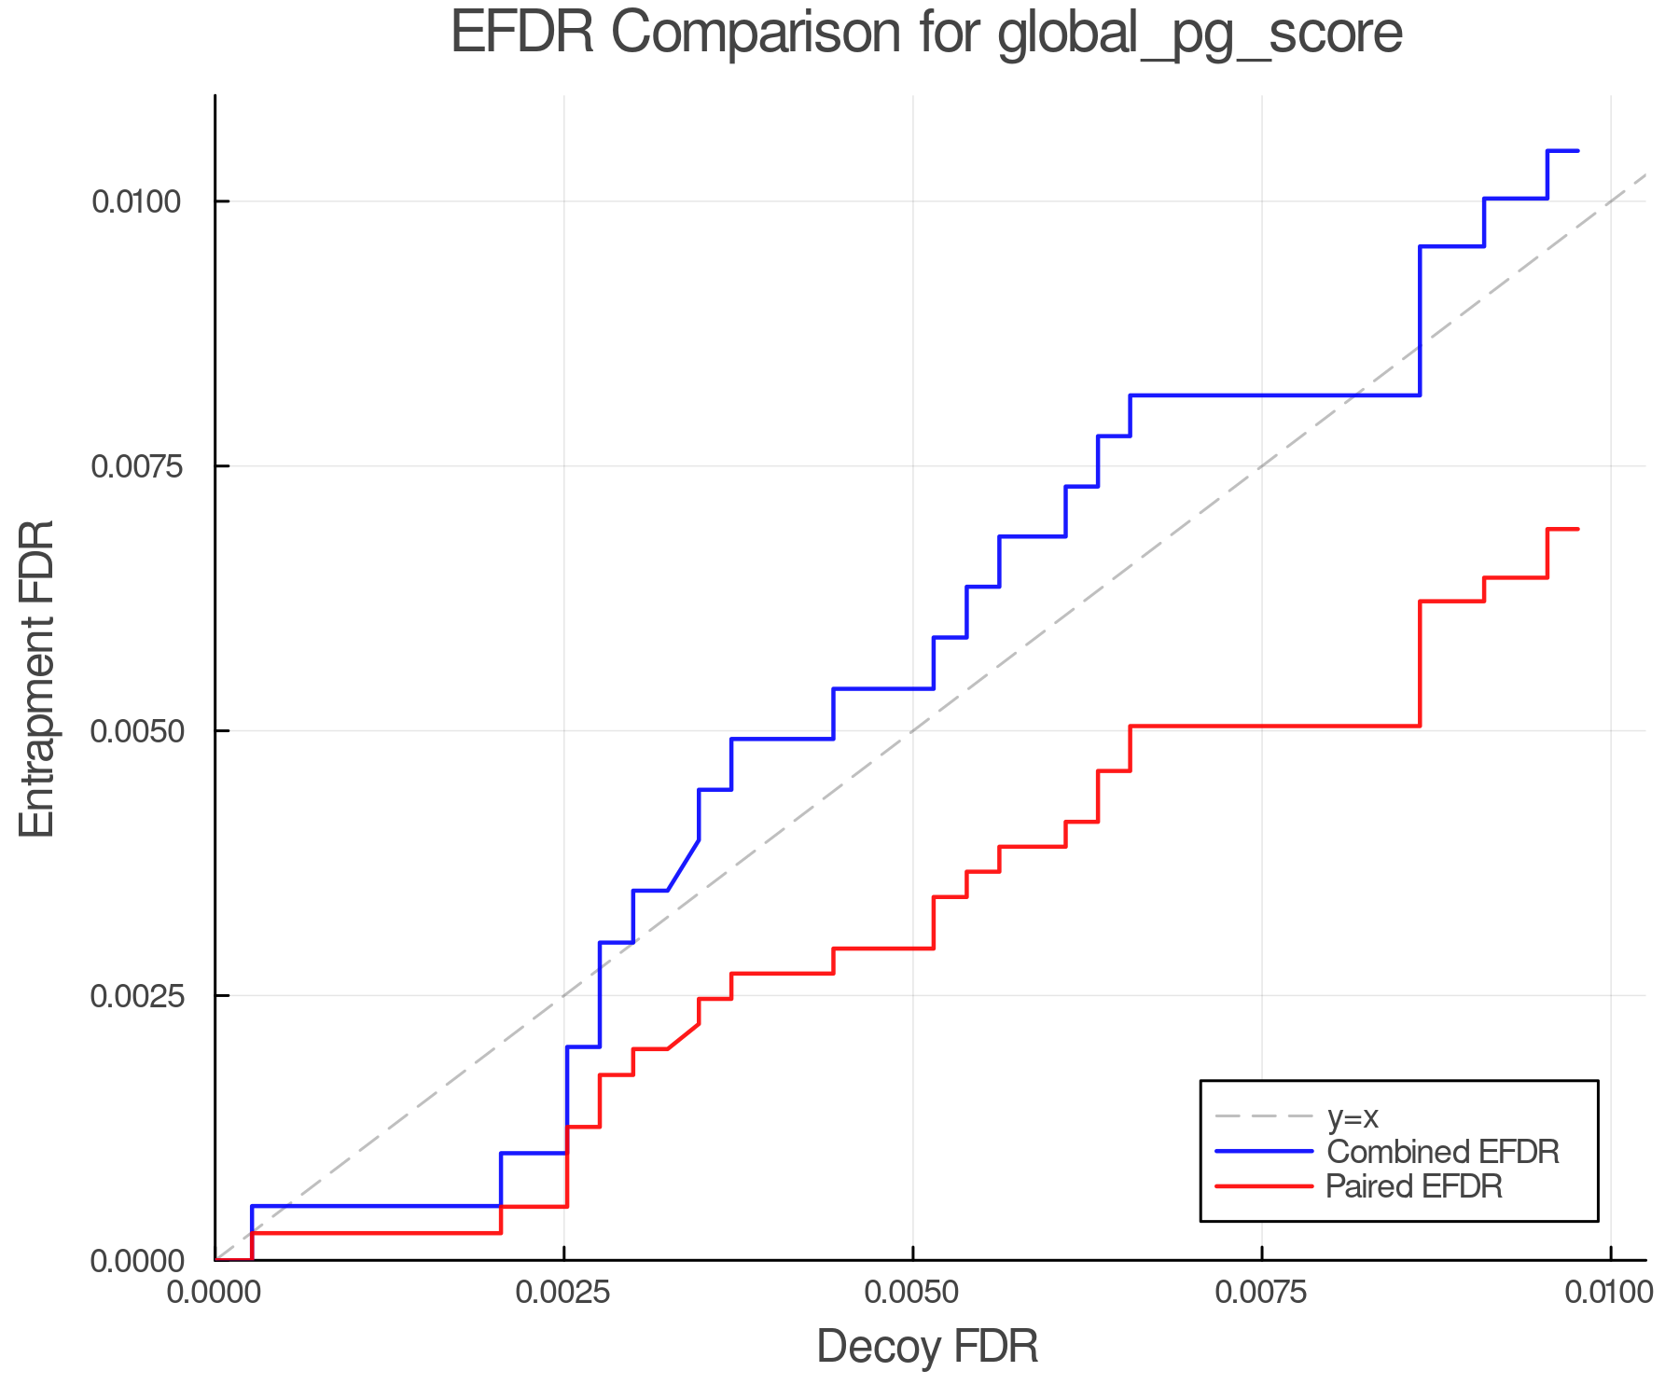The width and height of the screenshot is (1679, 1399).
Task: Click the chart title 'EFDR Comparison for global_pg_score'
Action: pos(926,34)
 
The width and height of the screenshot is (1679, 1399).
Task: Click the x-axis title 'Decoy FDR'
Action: pos(927,1347)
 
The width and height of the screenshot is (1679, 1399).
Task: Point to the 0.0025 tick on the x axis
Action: pos(563,1292)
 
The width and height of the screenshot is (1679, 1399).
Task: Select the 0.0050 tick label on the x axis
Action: pos(912,1292)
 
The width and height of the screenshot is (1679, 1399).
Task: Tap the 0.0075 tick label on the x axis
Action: pos(1261,1292)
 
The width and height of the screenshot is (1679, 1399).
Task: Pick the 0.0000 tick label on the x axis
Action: pos(215,1292)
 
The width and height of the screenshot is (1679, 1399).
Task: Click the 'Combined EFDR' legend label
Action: pos(1442,1152)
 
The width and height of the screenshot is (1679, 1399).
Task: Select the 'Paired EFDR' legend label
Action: pos(1414,1186)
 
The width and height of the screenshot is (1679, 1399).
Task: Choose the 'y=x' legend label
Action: pos(1353,1116)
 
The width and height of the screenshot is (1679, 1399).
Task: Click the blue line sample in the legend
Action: pos(1264,1152)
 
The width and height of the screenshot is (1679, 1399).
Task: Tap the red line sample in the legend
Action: pos(1264,1186)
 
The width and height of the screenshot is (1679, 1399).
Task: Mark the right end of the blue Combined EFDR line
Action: pos(1577,150)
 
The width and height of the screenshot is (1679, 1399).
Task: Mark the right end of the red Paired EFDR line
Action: pos(1577,529)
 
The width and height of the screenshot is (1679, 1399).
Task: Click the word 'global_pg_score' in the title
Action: pos(1200,35)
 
